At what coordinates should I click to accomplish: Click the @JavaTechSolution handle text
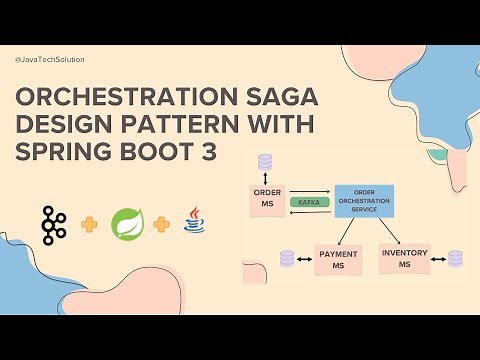50,60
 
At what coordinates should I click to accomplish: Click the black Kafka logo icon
52,220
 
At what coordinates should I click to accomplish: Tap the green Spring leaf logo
124,220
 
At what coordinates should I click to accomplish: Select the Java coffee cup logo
193,218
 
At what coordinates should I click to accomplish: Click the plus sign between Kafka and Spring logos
89,223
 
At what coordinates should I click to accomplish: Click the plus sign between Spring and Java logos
160,222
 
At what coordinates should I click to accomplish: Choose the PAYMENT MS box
337,259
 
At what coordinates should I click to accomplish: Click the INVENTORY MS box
404,258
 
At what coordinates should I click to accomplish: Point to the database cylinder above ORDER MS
265,161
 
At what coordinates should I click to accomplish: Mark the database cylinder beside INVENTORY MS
455,259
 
